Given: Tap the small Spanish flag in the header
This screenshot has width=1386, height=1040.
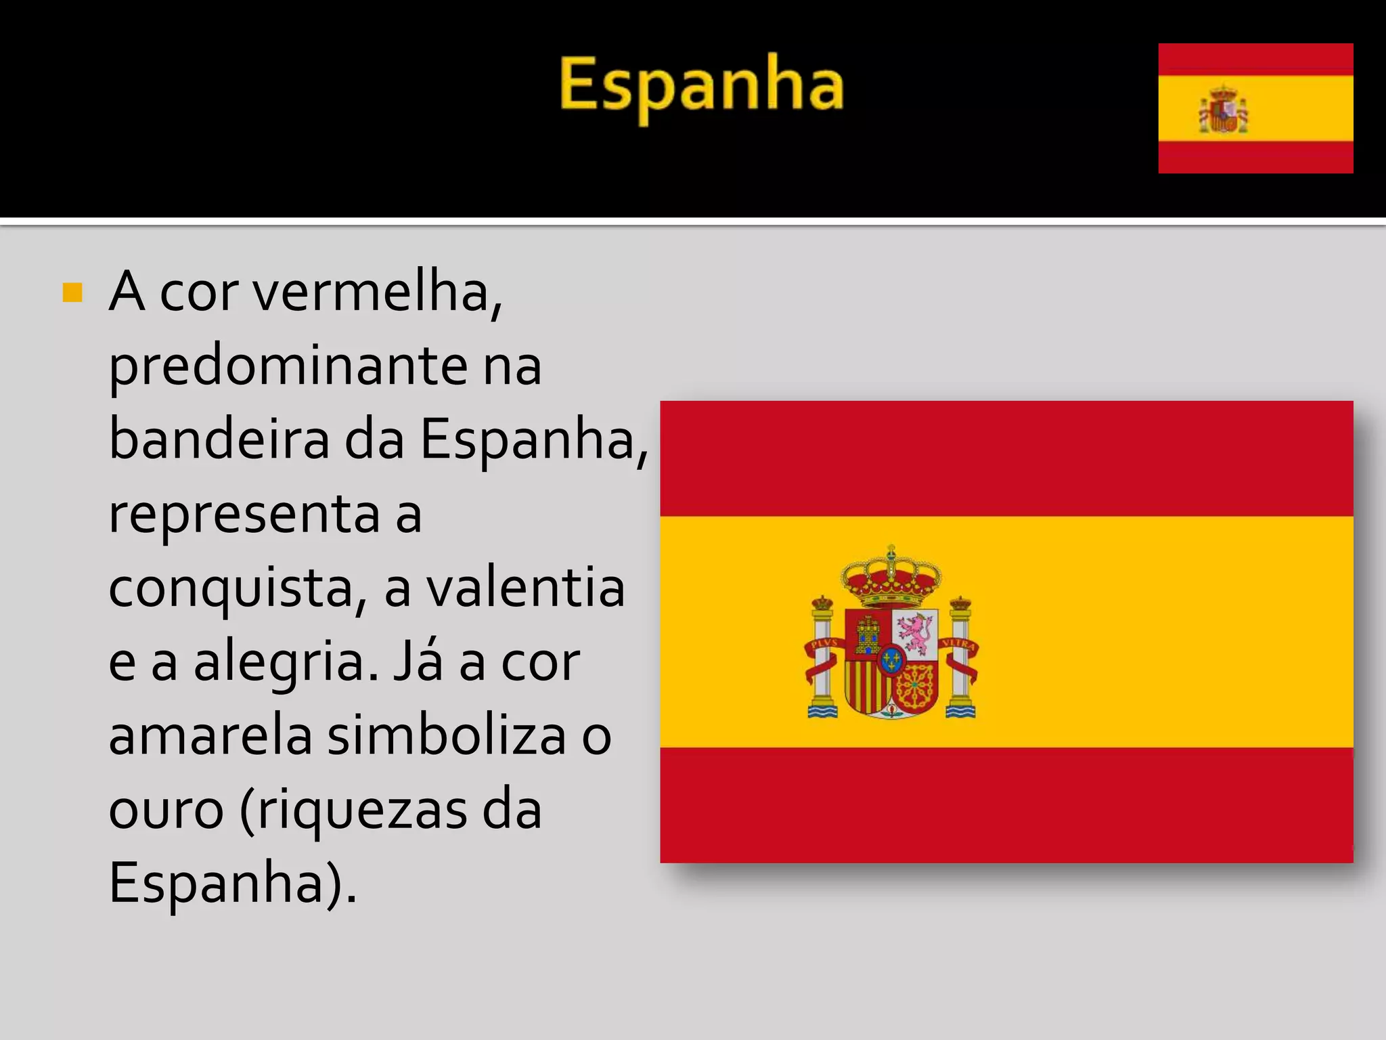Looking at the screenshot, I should (x=1255, y=108).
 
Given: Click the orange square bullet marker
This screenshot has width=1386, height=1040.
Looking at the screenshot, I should (x=72, y=293).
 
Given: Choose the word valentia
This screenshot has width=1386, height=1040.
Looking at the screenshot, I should (x=524, y=588).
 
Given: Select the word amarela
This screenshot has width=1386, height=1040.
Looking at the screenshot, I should (x=210, y=737).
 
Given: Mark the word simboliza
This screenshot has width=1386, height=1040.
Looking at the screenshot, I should (x=447, y=737).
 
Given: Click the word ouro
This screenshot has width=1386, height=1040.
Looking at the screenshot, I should (x=166, y=810).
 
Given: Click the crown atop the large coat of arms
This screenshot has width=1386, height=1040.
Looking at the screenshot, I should (x=891, y=579).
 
